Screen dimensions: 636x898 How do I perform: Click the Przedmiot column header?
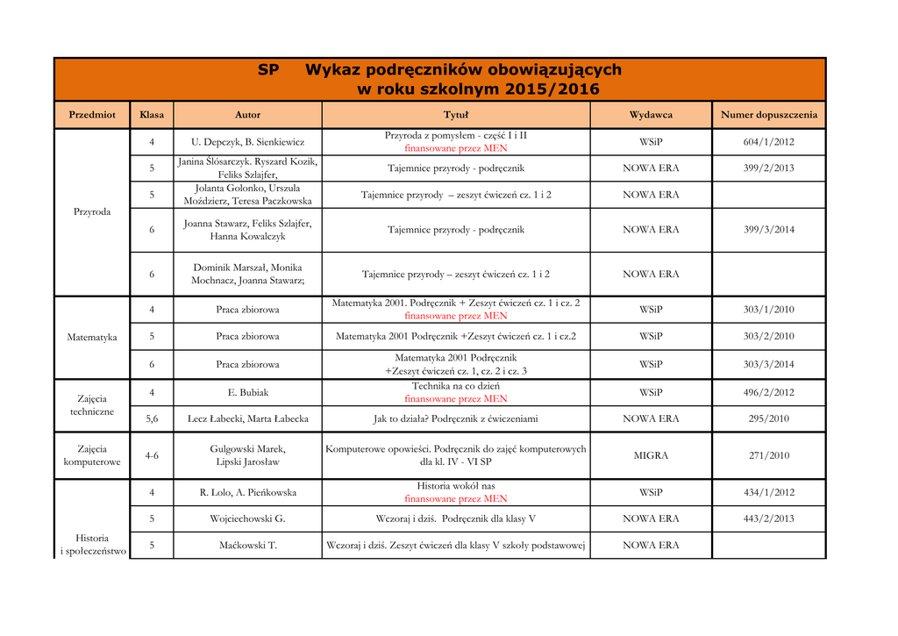tap(92, 115)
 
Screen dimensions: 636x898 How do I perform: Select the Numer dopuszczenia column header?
tap(768, 115)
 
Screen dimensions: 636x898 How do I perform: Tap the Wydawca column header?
tap(651, 115)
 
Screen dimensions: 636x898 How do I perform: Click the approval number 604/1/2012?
tap(768, 142)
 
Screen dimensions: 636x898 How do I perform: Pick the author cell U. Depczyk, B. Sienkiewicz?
tap(247, 142)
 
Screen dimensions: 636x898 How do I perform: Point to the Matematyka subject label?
tap(92, 337)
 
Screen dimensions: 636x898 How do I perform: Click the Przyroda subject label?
tap(92, 211)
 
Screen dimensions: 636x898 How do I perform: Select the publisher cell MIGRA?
tap(651, 455)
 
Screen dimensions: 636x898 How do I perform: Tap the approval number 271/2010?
tap(768, 455)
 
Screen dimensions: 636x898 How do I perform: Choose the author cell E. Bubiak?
tap(247, 392)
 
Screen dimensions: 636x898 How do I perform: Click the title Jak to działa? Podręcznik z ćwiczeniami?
tap(455, 419)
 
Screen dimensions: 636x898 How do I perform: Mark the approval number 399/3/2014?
tap(768, 230)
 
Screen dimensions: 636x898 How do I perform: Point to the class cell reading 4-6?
tap(152, 455)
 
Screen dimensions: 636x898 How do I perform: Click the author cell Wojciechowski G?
tap(247, 518)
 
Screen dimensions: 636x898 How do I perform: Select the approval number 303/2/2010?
tap(768, 336)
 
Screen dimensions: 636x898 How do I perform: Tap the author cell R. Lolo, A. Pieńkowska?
tap(247, 492)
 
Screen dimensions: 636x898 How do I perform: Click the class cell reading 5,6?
tap(152, 419)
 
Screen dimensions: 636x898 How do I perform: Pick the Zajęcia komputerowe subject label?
tap(92, 455)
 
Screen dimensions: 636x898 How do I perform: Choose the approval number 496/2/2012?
tap(768, 392)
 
